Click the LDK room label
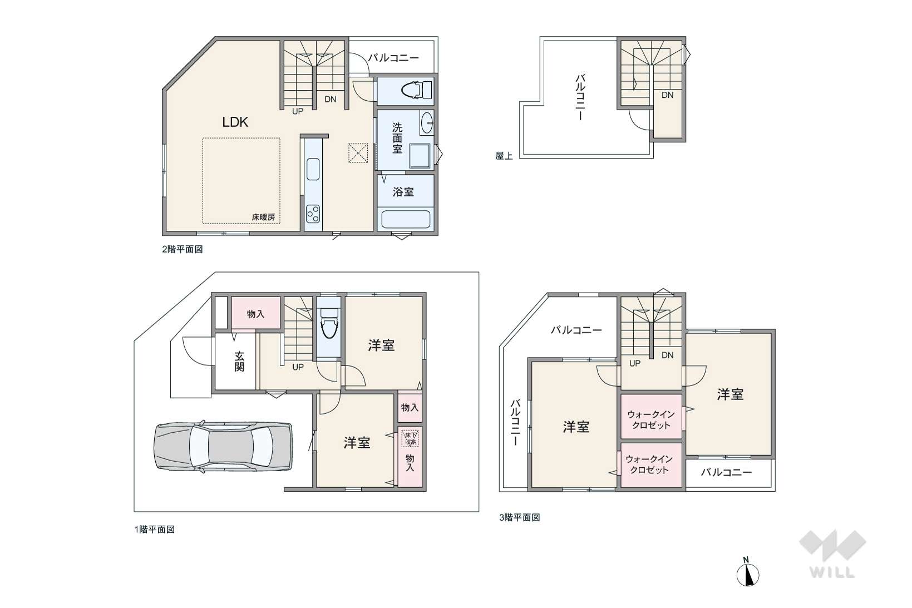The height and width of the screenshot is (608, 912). [x=235, y=122]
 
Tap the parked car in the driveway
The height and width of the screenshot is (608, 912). [x=223, y=447]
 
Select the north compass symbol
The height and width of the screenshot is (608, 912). [x=747, y=572]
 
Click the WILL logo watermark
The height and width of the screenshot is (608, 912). [x=832, y=554]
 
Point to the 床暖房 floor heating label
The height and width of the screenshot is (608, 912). [x=263, y=217]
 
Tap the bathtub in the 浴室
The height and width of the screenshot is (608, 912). [x=406, y=219]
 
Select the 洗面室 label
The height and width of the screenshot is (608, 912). [x=397, y=139]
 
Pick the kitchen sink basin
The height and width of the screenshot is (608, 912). [x=313, y=169]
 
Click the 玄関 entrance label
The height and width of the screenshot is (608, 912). [x=239, y=362]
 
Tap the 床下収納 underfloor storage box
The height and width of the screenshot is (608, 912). [x=410, y=438]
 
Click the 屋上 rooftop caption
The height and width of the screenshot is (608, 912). [x=504, y=156]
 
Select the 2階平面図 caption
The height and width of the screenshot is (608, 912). [x=183, y=249]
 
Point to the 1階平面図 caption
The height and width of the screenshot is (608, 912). [x=155, y=530]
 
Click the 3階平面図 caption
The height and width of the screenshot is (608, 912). [x=520, y=517]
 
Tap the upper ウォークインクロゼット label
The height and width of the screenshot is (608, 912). [x=651, y=420]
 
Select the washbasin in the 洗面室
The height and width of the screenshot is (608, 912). [x=426, y=122]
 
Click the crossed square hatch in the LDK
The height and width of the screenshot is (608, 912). [x=358, y=153]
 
